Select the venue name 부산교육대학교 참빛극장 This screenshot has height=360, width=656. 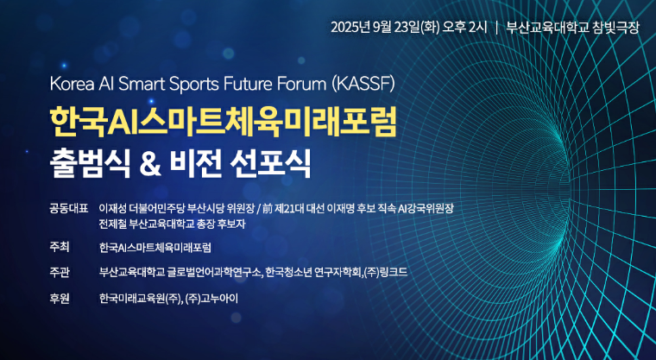pyautogui.click(x=573, y=27)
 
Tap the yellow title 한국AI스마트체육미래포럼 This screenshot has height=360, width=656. pyautogui.click(x=224, y=122)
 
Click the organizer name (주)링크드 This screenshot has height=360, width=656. pyautogui.click(x=385, y=272)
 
